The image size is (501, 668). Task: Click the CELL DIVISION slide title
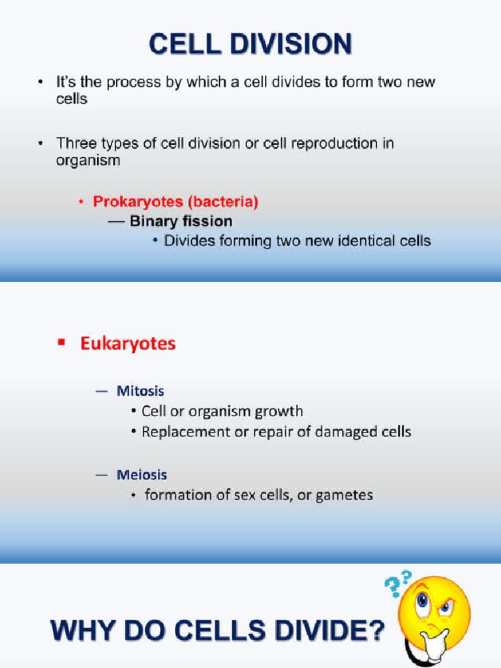click(x=250, y=45)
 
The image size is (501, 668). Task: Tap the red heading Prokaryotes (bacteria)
click(x=175, y=202)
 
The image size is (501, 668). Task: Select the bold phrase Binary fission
click(x=181, y=221)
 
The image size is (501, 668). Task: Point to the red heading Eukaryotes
click(x=128, y=343)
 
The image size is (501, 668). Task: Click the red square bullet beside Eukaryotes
click(x=62, y=342)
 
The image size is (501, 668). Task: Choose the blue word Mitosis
click(x=140, y=391)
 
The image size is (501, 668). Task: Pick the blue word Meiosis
click(x=142, y=475)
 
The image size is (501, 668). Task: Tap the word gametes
click(x=344, y=495)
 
